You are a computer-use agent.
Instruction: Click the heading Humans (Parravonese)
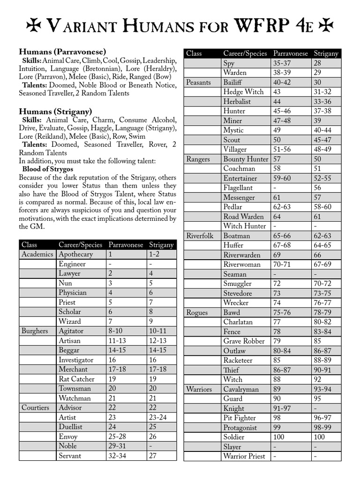coord(62,52)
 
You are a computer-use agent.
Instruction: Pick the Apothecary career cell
coord(75,254)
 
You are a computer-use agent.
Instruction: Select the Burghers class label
coord(35,331)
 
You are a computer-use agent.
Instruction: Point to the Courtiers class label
coord(35,408)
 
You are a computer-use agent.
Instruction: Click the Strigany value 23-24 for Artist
coord(157,417)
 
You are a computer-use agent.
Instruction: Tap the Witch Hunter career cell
coord(244,226)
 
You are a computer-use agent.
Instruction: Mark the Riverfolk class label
coord(200,236)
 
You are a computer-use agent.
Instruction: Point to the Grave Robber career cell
coord(244,341)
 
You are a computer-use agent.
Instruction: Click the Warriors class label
coord(199,389)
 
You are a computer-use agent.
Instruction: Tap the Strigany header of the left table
coord(161,245)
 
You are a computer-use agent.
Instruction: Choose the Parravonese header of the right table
coord(290,53)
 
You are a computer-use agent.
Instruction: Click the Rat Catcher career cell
coord(76,379)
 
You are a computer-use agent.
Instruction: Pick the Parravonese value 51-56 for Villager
coord(283,149)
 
